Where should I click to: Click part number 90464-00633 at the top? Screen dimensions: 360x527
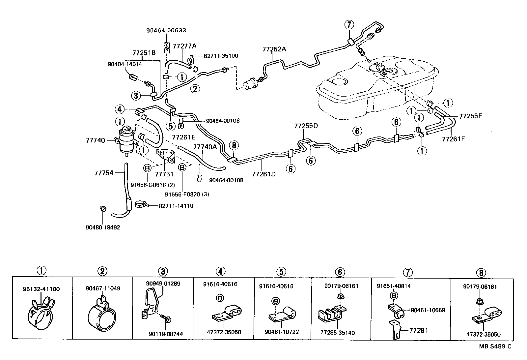point(166,30)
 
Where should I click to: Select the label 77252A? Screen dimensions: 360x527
point(274,49)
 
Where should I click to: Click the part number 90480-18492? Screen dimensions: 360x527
point(102,227)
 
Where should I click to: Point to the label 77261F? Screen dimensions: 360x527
point(453,139)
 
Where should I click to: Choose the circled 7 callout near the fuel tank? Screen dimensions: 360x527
point(349,25)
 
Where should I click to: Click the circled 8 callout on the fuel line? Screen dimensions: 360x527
point(234,145)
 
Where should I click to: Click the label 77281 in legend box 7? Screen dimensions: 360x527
point(419,330)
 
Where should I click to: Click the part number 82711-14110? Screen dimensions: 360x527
point(176,206)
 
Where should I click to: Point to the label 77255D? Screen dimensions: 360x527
point(306,126)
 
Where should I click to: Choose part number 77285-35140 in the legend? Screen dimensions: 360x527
point(337,333)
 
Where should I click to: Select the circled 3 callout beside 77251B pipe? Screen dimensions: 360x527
point(135,96)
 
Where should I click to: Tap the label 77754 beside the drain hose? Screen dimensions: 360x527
point(104,173)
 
